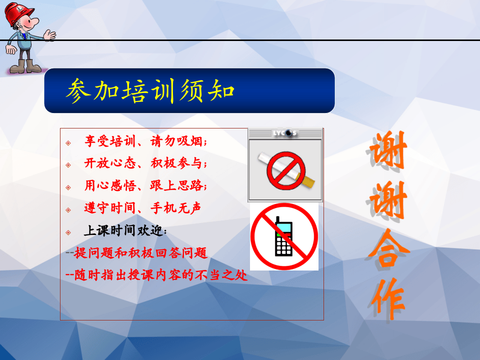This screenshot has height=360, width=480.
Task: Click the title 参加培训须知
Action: (150, 90)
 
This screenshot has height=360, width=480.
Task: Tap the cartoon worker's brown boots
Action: (26, 66)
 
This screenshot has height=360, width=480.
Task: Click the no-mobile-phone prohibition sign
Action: (284, 236)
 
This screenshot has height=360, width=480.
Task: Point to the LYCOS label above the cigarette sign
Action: (285, 133)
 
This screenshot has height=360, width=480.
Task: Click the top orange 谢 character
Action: (388, 150)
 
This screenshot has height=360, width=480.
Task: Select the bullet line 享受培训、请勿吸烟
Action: (145, 142)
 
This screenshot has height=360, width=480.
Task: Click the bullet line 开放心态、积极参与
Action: (145, 163)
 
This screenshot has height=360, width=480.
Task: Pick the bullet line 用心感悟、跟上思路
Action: (145, 185)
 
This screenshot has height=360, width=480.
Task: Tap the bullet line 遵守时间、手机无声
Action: (142, 207)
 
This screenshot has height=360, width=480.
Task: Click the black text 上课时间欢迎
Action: (125, 231)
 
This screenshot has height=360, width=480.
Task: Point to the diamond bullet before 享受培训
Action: (68, 143)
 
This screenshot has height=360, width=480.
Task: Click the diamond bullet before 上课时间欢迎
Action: (68, 232)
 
